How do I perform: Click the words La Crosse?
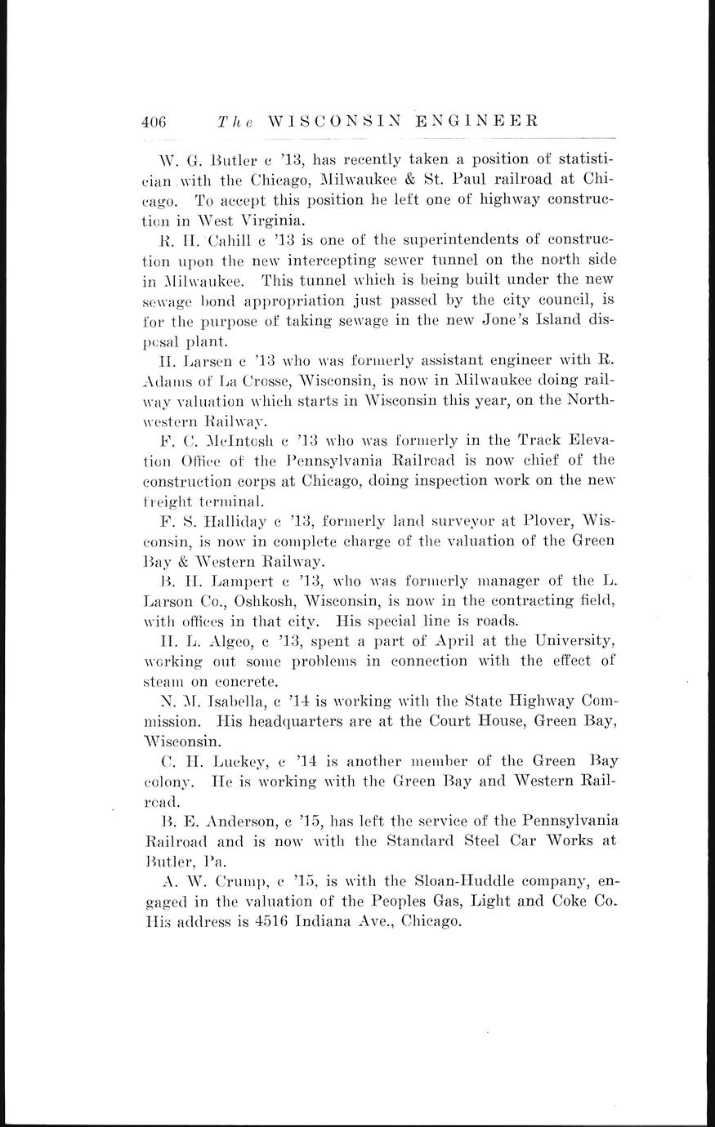244,384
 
